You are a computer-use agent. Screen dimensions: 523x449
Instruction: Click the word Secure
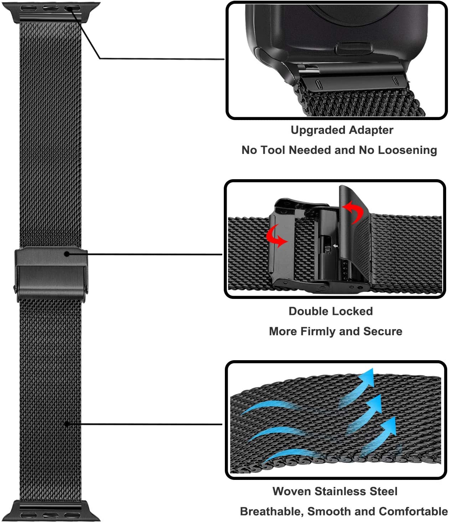click(x=383, y=331)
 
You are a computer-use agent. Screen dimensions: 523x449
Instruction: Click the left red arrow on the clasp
click(x=277, y=237)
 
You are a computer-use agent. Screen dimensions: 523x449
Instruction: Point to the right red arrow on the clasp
click(x=353, y=212)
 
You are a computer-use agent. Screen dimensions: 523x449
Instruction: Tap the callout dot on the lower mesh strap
click(x=66, y=424)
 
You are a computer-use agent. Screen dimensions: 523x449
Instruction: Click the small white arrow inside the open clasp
click(x=335, y=246)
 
